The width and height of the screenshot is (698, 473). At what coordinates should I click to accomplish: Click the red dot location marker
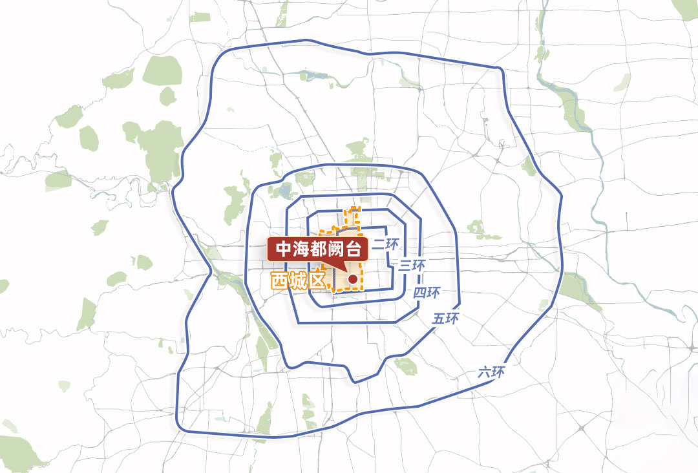(353, 279)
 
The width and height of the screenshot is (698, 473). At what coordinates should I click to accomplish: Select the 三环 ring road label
(411, 265)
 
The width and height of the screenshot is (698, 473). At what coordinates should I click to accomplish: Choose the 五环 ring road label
(446, 319)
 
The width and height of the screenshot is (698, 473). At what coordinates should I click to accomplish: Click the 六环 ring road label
(491, 372)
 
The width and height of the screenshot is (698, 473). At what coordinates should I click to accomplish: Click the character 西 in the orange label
(279, 281)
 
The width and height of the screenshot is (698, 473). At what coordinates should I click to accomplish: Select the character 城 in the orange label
(296, 281)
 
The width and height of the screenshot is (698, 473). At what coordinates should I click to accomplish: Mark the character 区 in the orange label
(314, 281)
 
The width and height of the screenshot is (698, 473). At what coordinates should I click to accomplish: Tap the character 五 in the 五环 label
(439, 319)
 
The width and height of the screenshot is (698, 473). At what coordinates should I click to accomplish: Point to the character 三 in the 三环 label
(405, 266)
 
